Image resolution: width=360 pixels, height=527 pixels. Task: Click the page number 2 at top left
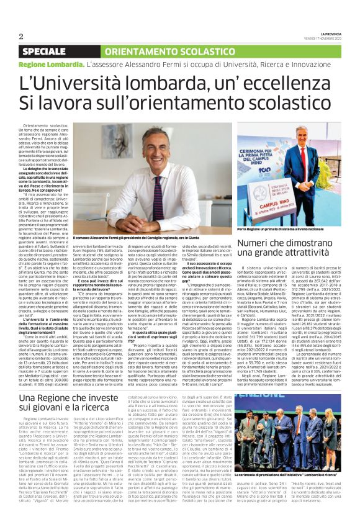tap(20, 36)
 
